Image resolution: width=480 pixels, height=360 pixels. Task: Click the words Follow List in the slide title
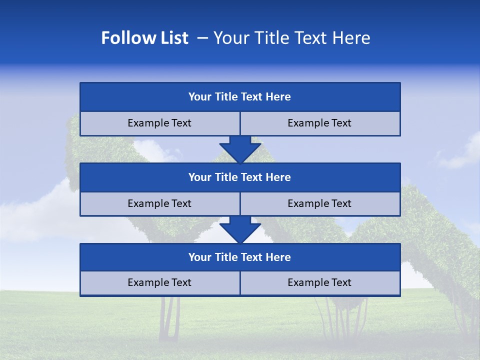point(144,38)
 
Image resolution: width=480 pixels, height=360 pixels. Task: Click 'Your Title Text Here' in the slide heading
point(291,38)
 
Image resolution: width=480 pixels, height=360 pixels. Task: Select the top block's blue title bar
point(240,97)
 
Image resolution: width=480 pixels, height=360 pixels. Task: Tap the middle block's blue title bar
point(240,177)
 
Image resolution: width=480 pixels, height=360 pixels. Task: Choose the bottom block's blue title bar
point(240,257)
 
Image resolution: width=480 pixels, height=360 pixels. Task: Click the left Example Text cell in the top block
point(159,123)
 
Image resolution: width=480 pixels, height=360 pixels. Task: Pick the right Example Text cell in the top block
point(319,123)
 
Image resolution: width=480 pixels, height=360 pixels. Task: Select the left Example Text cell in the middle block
point(159,203)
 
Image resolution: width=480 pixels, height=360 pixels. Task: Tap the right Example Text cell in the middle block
point(319,203)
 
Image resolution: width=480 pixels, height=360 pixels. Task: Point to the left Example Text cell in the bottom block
point(159,282)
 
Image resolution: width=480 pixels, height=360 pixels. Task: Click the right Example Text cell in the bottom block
point(319,282)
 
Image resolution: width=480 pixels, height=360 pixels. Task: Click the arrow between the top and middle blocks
point(240,149)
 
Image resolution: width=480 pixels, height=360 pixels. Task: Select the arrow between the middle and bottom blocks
point(240,229)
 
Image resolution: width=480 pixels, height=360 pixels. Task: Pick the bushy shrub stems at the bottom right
point(340,317)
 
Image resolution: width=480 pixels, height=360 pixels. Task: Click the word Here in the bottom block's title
point(278,257)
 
